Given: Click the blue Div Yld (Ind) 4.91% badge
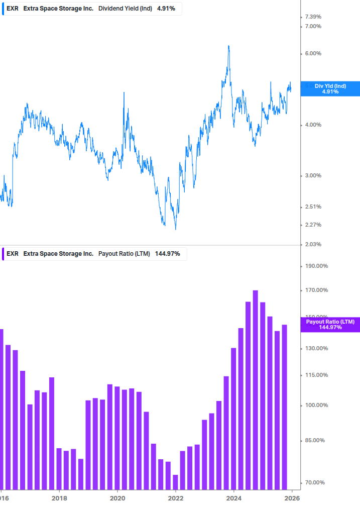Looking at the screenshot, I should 330,89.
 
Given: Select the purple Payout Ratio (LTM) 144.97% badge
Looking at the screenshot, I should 330,325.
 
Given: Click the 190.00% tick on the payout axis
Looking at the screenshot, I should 316,266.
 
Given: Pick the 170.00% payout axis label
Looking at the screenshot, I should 316,290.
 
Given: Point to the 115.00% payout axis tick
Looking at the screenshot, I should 316,375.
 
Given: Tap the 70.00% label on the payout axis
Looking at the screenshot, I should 315,482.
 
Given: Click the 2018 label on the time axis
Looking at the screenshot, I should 59,498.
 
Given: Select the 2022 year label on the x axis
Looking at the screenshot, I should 176,498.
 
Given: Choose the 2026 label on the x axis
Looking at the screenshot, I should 292,498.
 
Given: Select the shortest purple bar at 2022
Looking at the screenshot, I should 175,482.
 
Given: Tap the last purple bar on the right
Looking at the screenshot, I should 284,407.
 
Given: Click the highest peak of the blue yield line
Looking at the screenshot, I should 228,47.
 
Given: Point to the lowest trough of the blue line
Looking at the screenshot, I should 175,229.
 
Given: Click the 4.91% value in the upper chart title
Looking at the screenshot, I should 166,9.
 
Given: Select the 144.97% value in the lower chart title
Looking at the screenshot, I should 167,254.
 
